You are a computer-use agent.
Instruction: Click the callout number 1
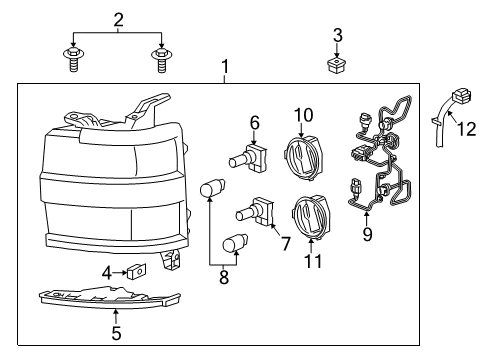click(225, 67)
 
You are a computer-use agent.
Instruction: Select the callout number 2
click(118, 19)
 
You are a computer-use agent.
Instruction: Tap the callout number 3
click(337, 36)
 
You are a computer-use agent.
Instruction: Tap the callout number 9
click(366, 237)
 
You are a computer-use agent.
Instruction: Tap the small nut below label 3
click(337, 67)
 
